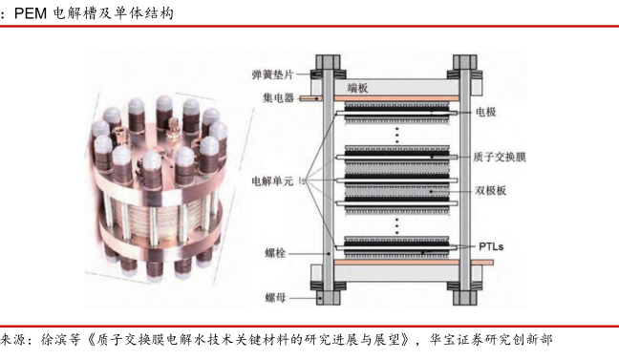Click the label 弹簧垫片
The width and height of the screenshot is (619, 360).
272,74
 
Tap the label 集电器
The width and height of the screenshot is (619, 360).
278,97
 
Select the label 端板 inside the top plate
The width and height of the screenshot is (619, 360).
357,88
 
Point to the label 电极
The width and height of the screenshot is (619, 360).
486,112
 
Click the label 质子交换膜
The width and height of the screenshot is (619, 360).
500,158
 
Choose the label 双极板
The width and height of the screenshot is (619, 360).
490,191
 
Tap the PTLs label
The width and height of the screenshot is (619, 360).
491,246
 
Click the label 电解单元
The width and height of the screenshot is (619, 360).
272,181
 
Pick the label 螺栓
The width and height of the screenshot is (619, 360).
275,253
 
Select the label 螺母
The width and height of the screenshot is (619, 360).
275,298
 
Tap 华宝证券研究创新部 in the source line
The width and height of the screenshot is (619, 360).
491,340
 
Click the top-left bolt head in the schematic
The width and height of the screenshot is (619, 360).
328,62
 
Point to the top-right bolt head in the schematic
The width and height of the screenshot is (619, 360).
465,62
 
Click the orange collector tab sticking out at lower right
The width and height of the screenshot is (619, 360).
476,263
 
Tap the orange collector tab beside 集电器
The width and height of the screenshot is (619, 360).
310,98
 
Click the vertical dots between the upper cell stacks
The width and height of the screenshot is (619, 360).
397,135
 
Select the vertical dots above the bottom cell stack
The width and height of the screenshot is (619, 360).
397,226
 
